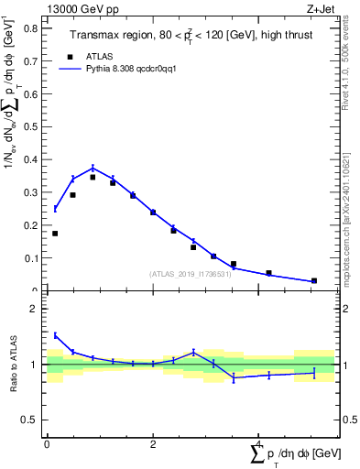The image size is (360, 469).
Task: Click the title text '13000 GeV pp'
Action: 79,8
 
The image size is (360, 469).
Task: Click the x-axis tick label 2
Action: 153,444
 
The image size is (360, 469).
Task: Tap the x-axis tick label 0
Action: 47,444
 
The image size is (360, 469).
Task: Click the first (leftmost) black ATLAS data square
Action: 55,234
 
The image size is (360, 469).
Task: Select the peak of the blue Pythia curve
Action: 93,168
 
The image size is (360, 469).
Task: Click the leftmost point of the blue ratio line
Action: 55,335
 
